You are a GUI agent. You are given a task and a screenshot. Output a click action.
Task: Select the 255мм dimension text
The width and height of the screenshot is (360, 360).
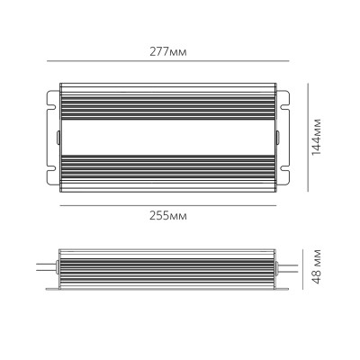[167, 216]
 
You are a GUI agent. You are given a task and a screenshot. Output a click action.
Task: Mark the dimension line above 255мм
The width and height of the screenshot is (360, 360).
[167, 204]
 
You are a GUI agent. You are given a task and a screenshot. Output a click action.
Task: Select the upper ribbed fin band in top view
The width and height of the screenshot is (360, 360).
[167, 100]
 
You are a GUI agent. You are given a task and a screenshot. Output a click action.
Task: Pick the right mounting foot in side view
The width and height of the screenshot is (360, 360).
[284, 288]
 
